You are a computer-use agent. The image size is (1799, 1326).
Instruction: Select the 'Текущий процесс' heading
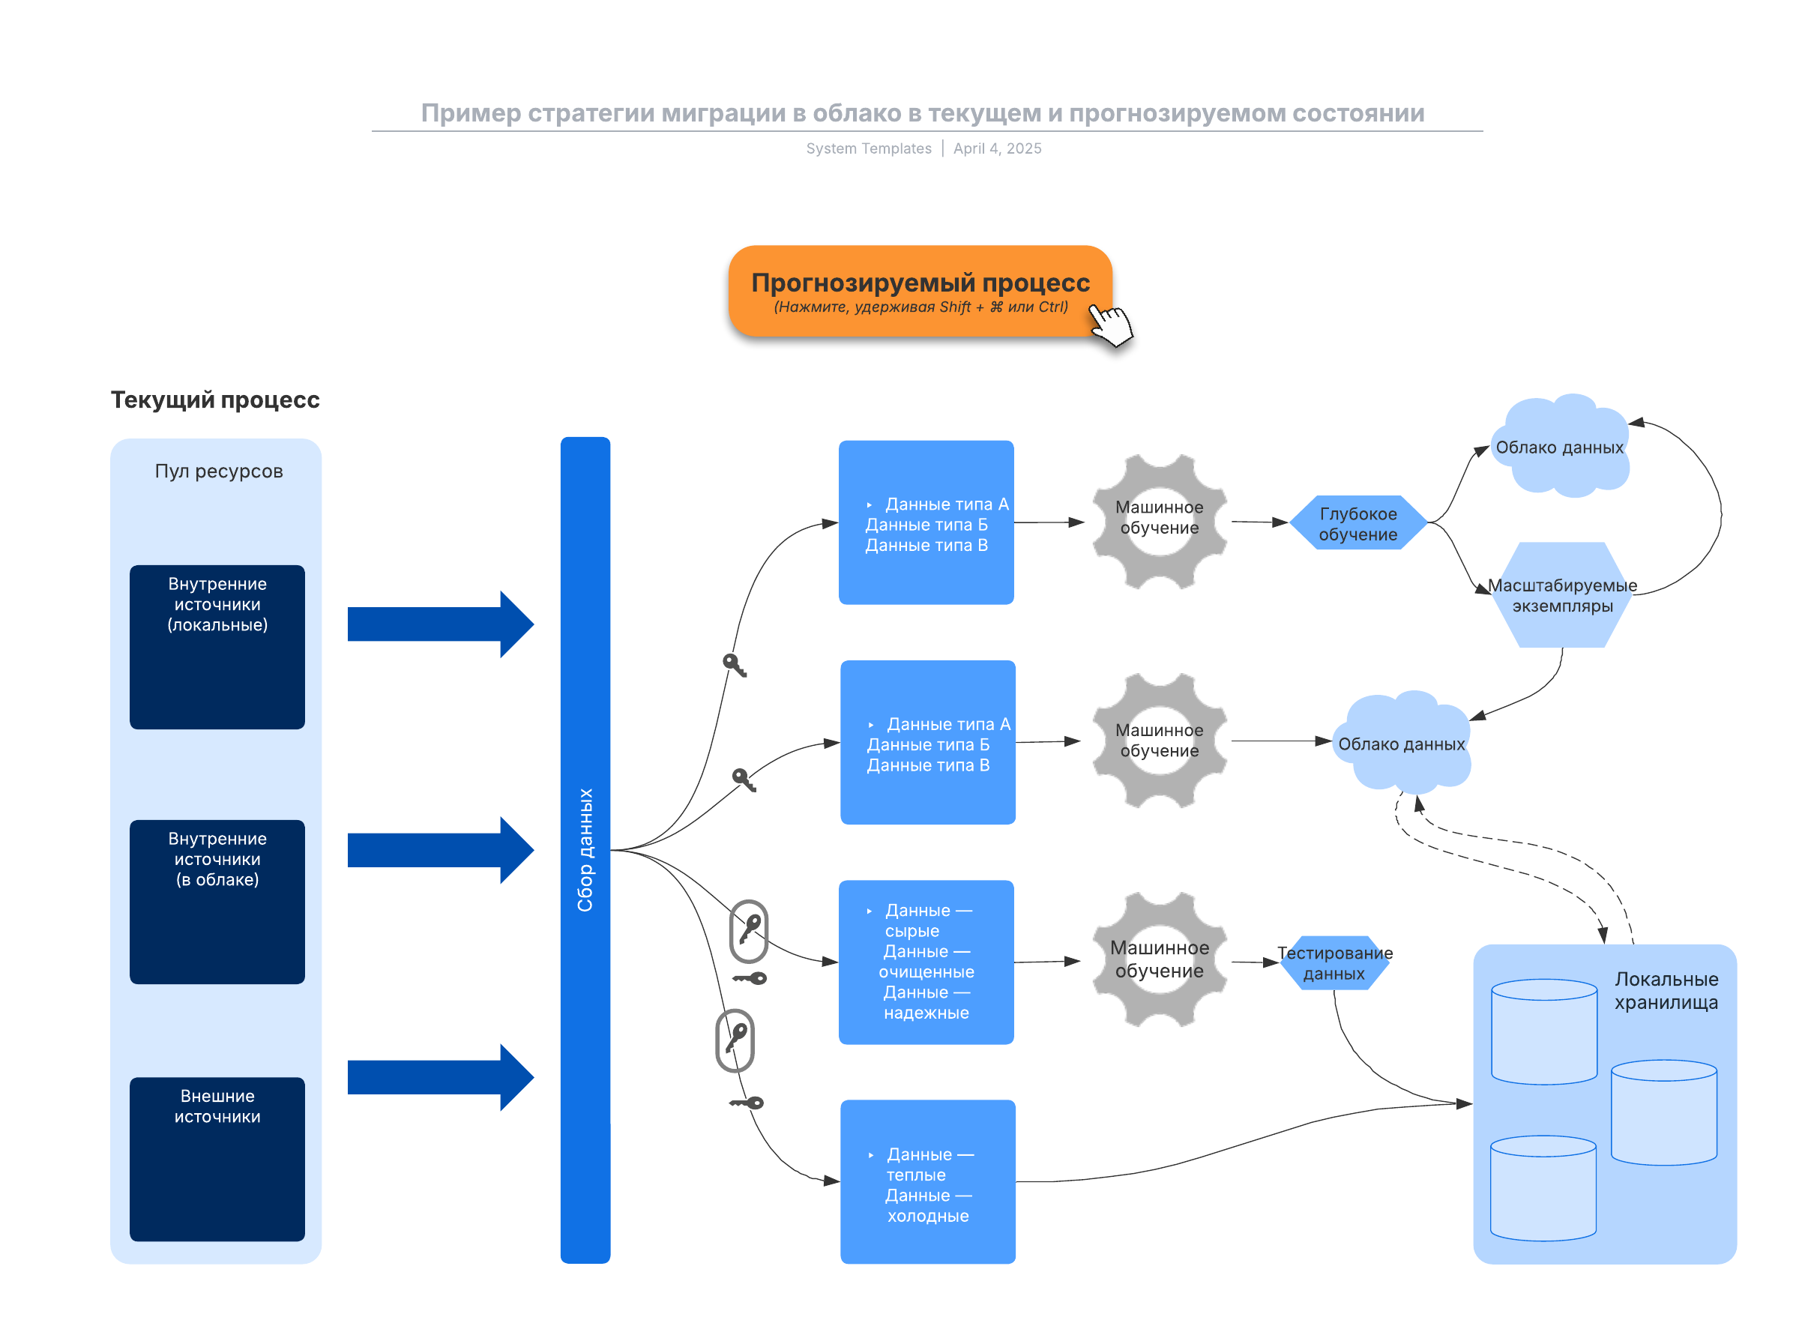(214, 400)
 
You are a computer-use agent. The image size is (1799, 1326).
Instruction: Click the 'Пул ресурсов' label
(218, 471)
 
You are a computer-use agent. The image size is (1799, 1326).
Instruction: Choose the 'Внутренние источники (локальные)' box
(217, 647)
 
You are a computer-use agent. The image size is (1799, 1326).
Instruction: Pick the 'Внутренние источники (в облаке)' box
(217, 902)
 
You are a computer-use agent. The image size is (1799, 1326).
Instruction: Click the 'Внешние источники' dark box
(217, 1158)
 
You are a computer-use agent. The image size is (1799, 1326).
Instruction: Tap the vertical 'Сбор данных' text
(585, 849)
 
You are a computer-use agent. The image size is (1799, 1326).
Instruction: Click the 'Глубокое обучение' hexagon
(1357, 523)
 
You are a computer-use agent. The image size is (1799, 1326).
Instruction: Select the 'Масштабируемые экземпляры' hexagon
(1561, 596)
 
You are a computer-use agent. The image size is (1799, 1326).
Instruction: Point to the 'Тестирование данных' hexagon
(1334, 962)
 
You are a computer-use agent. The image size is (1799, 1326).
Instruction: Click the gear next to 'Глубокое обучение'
(1159, 522)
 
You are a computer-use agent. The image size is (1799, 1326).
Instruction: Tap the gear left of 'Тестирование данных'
(1159, 959)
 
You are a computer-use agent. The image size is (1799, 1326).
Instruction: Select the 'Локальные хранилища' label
(1666, 989)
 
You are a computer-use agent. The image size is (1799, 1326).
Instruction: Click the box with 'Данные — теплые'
(927, 1181)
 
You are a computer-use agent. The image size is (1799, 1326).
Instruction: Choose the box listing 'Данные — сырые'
(926, 962)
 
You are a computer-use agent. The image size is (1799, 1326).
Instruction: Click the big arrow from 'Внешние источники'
(440, 1077)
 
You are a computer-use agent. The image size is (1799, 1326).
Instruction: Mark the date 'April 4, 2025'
(997, 148)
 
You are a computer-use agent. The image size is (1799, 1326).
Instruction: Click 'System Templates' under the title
(869, 148)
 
